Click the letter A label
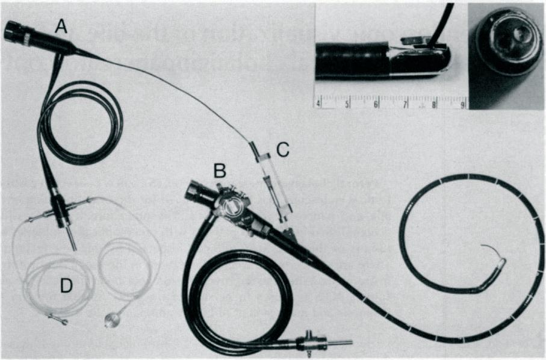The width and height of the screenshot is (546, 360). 61,25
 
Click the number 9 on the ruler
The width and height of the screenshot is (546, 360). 462,104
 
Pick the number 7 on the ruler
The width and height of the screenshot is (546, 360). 406,104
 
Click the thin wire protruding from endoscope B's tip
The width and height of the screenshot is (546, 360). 488,250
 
